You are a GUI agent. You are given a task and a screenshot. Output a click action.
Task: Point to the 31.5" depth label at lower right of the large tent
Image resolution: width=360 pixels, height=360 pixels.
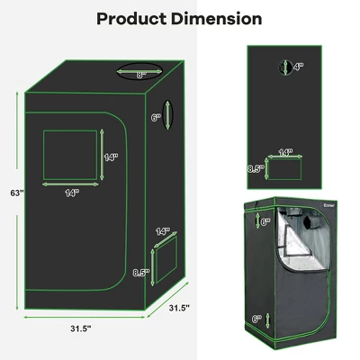179,309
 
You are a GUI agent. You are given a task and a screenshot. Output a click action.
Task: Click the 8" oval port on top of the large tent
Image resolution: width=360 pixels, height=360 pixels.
141,75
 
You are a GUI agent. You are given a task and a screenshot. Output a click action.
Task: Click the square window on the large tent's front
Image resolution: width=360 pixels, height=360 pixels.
69,154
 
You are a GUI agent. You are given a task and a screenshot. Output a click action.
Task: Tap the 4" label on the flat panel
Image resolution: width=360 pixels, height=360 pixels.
299,66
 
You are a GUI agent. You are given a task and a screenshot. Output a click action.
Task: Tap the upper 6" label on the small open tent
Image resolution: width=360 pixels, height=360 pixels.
265,220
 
